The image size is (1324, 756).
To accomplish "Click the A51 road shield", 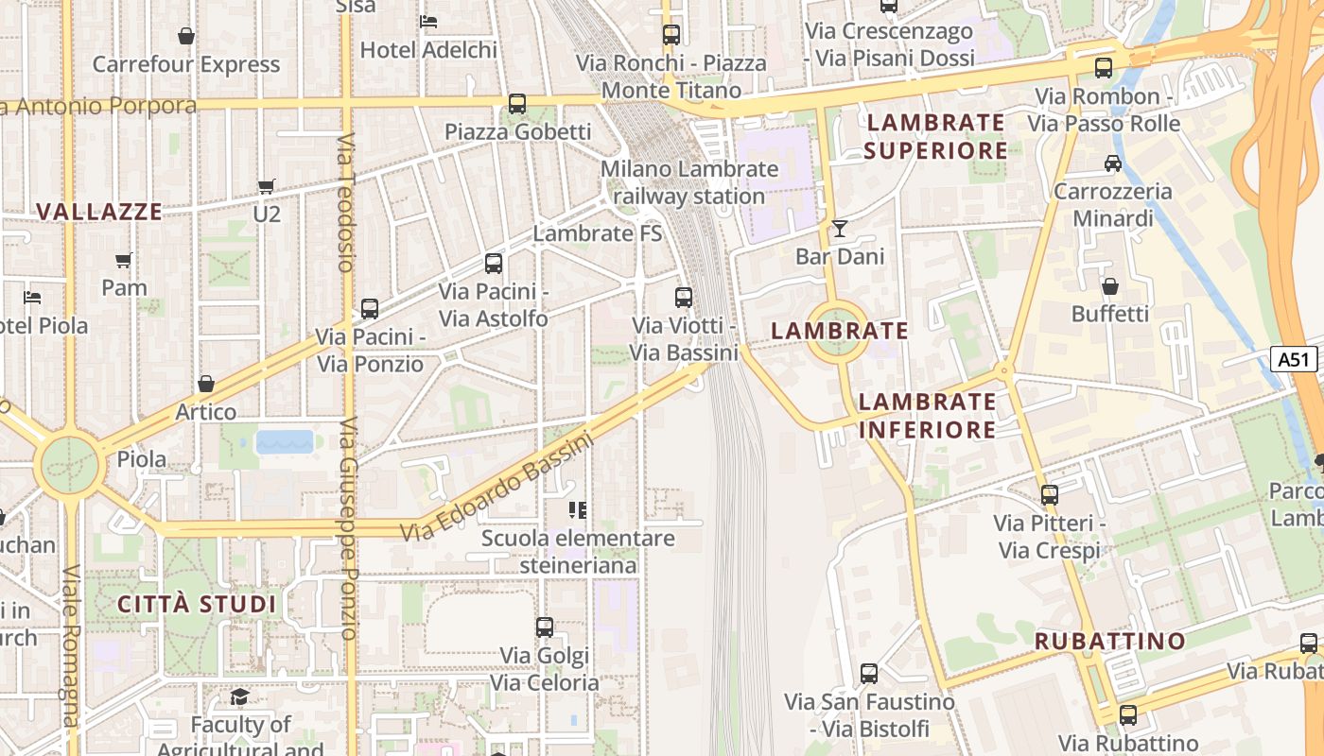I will point(1294,359).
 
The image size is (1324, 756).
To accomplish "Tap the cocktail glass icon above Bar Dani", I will point(839,228).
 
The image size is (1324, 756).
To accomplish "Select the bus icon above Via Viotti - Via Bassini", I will point(684,298).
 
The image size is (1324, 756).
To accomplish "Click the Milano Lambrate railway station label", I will point(689,182).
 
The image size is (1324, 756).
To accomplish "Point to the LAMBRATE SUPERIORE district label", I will point(935,136).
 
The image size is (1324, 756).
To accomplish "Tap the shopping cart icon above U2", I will point(267,186).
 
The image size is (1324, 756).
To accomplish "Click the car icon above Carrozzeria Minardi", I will point(1113,163).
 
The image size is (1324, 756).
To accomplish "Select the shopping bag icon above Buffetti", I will point(1110,285).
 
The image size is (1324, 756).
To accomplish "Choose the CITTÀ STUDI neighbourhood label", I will point(197,605).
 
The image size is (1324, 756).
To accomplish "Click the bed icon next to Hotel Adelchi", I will point(428,21).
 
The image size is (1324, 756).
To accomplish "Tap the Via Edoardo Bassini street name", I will point(496,487).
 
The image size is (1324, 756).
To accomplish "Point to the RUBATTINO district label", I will point(1110,641).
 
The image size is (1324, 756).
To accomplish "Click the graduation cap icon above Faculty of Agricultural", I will point(240,696).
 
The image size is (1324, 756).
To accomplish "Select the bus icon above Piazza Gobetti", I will point(517,104).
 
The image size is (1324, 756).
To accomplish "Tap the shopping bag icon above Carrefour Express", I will point(186,36).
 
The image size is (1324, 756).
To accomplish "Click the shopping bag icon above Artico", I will point(205,384).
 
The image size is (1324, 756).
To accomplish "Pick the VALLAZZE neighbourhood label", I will point(99,212).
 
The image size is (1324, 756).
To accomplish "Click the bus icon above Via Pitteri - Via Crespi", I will point(1049,494).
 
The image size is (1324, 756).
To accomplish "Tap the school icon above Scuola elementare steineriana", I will point(578,510).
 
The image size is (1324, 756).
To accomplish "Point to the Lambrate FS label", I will point(598,233).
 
